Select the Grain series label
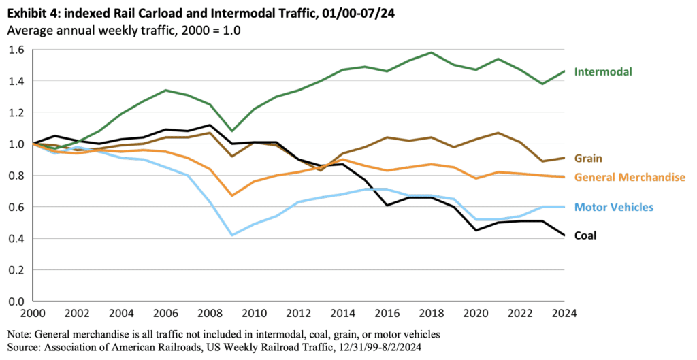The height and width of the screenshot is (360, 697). [x=588, y=159]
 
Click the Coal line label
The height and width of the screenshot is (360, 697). [x=587, y=235]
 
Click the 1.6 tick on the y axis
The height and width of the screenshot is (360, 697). [x=15, y=50]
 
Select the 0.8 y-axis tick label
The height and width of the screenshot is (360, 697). [x=15, y=176]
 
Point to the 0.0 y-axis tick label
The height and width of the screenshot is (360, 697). [x=15, y=301]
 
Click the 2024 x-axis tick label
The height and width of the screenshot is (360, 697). [x=564, y=314]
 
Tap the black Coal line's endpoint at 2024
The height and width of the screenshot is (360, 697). [x=564, y=235]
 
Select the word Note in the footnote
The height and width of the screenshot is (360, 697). [x=19, y=334]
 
